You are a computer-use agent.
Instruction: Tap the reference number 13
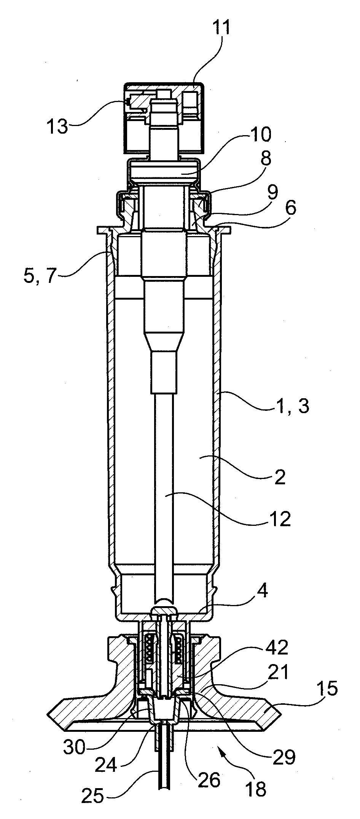pyautogui.click(x=57, y=126)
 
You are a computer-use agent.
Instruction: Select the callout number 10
pyautogui.click(x=259, y=134)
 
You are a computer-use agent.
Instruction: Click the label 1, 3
pyautogui.click(x=290, y=406)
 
